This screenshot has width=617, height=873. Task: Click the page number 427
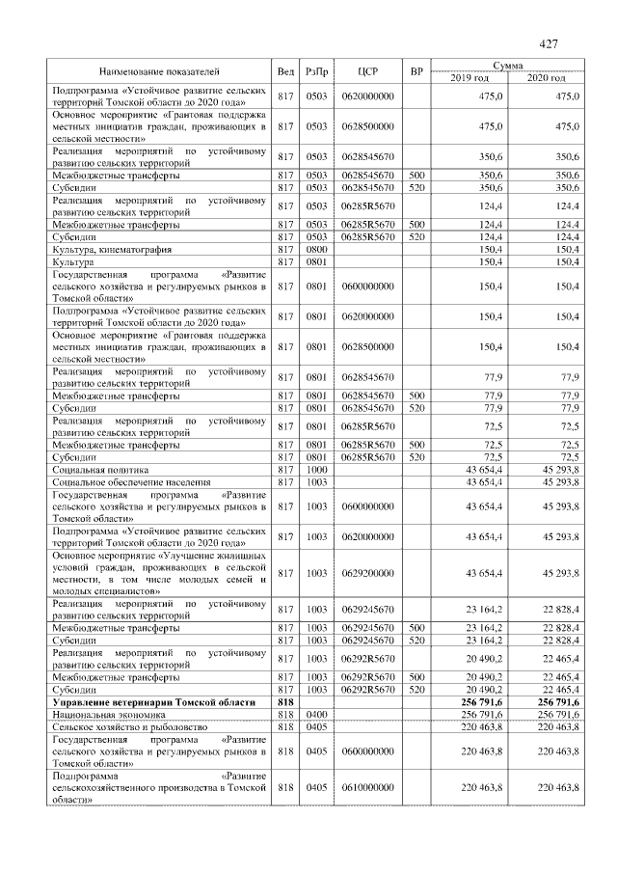coord(549,44)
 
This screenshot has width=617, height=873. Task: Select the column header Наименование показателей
coord(159,71)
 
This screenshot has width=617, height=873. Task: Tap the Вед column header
coord(285,71)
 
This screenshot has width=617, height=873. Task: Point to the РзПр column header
coord(316,71)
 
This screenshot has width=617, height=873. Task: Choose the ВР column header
coord(416,71)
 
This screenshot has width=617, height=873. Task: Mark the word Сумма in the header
coord(507,66)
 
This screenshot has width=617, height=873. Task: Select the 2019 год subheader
coord(469,77)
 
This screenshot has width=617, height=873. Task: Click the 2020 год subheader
coord(546,77)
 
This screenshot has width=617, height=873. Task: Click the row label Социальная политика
coord(98,469)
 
